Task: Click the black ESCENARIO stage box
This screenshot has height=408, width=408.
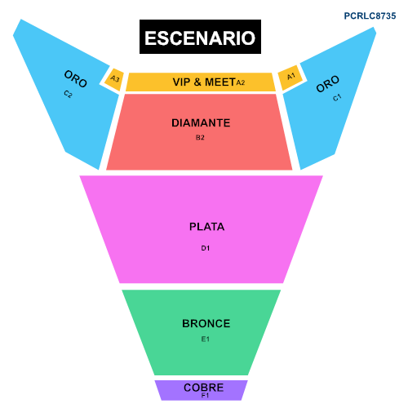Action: [200, 37]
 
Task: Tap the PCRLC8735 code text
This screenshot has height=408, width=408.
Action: [370, 16]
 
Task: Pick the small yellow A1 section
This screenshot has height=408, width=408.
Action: [290, 77]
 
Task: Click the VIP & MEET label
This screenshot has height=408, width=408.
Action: [204, 82]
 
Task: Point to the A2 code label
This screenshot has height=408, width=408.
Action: [241, 82]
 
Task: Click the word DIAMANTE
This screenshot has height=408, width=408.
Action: [201, 123]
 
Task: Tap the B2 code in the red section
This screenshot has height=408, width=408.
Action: [200, 137]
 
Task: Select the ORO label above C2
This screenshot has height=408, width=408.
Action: [76, 79]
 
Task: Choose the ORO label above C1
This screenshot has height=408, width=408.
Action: [328, 84]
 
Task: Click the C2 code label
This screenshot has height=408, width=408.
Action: [68, 94]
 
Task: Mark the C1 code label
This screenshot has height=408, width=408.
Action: [337, 97]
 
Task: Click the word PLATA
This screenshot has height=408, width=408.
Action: [206, 227]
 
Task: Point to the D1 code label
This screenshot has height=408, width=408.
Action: [206, 248]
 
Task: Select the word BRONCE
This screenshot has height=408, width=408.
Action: [206, 324]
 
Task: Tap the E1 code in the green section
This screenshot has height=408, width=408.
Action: [206, 339]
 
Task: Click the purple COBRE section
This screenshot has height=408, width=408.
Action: [202, 390]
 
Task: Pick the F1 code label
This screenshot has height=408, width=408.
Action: [205, 396]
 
